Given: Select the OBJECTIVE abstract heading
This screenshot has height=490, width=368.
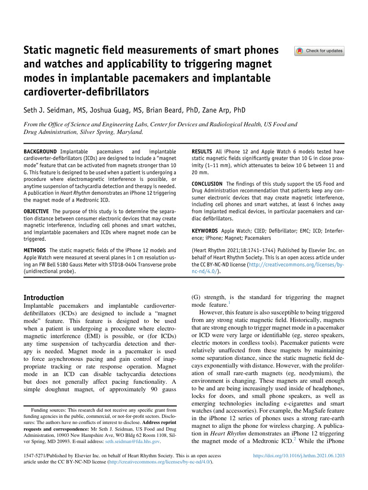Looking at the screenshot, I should [37, 212].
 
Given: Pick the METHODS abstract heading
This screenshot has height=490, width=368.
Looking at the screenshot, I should [35, 250].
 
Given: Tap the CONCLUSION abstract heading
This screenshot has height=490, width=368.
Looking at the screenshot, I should [207, 184].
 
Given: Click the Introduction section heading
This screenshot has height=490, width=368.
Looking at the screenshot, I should [44, 297].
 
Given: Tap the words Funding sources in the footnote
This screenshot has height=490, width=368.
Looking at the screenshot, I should [46, 410].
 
